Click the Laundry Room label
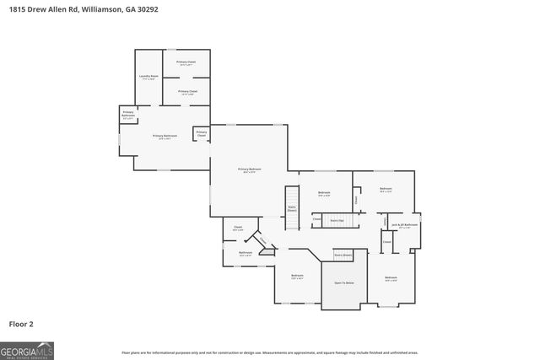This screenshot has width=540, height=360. pos(148,78)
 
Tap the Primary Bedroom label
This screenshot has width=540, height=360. pos(250,170)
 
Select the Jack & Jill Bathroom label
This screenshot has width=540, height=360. pos(405,225)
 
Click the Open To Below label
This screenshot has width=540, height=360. pos(344,282)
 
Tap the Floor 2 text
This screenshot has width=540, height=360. pos(21,323)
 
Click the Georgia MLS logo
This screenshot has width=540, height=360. pos(27,349)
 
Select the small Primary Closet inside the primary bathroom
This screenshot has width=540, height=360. pos(202,133)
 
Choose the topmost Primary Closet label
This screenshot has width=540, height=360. pos(186,63)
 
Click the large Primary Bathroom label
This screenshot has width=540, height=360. pos(165,137)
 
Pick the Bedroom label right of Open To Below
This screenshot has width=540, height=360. pos(391,279)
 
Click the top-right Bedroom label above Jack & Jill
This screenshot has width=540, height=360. pos(386,190)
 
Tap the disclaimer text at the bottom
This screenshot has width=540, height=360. pos(270,352)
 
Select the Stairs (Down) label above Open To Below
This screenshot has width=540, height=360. pos(343,254)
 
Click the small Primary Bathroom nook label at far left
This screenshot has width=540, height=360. pos(128,115)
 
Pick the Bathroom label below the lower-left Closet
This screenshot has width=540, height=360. pos(246,253)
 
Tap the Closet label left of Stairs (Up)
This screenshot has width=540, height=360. pos(317,220)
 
